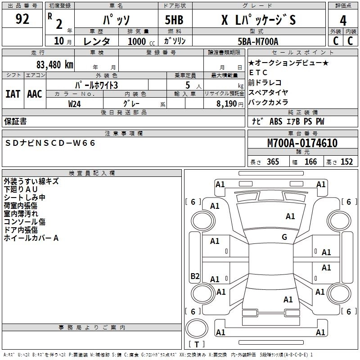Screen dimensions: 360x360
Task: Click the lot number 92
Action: pos(22,19)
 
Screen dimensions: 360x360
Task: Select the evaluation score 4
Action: pos(343,20)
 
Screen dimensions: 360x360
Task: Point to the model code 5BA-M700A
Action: pos(258,41)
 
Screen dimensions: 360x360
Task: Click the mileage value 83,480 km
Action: pos(54,64)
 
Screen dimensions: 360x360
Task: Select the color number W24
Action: pos(75,103)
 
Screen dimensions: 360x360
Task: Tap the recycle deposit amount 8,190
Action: pos(230,103)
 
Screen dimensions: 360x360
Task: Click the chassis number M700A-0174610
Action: pos(302,143)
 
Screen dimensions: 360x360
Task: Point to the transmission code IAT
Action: pos(13,94)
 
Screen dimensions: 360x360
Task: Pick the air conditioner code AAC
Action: pos(34,94)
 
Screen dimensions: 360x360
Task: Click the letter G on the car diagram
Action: pos(284,237)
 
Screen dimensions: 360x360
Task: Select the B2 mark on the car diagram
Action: pos(195,276)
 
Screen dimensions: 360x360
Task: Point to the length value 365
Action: pos(272,162)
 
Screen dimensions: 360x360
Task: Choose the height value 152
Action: pos(346,162)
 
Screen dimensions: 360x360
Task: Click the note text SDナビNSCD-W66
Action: pos(51,143)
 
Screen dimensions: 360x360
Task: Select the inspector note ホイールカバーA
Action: pos(31,238)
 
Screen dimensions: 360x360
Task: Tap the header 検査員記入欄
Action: pos(92,173)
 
